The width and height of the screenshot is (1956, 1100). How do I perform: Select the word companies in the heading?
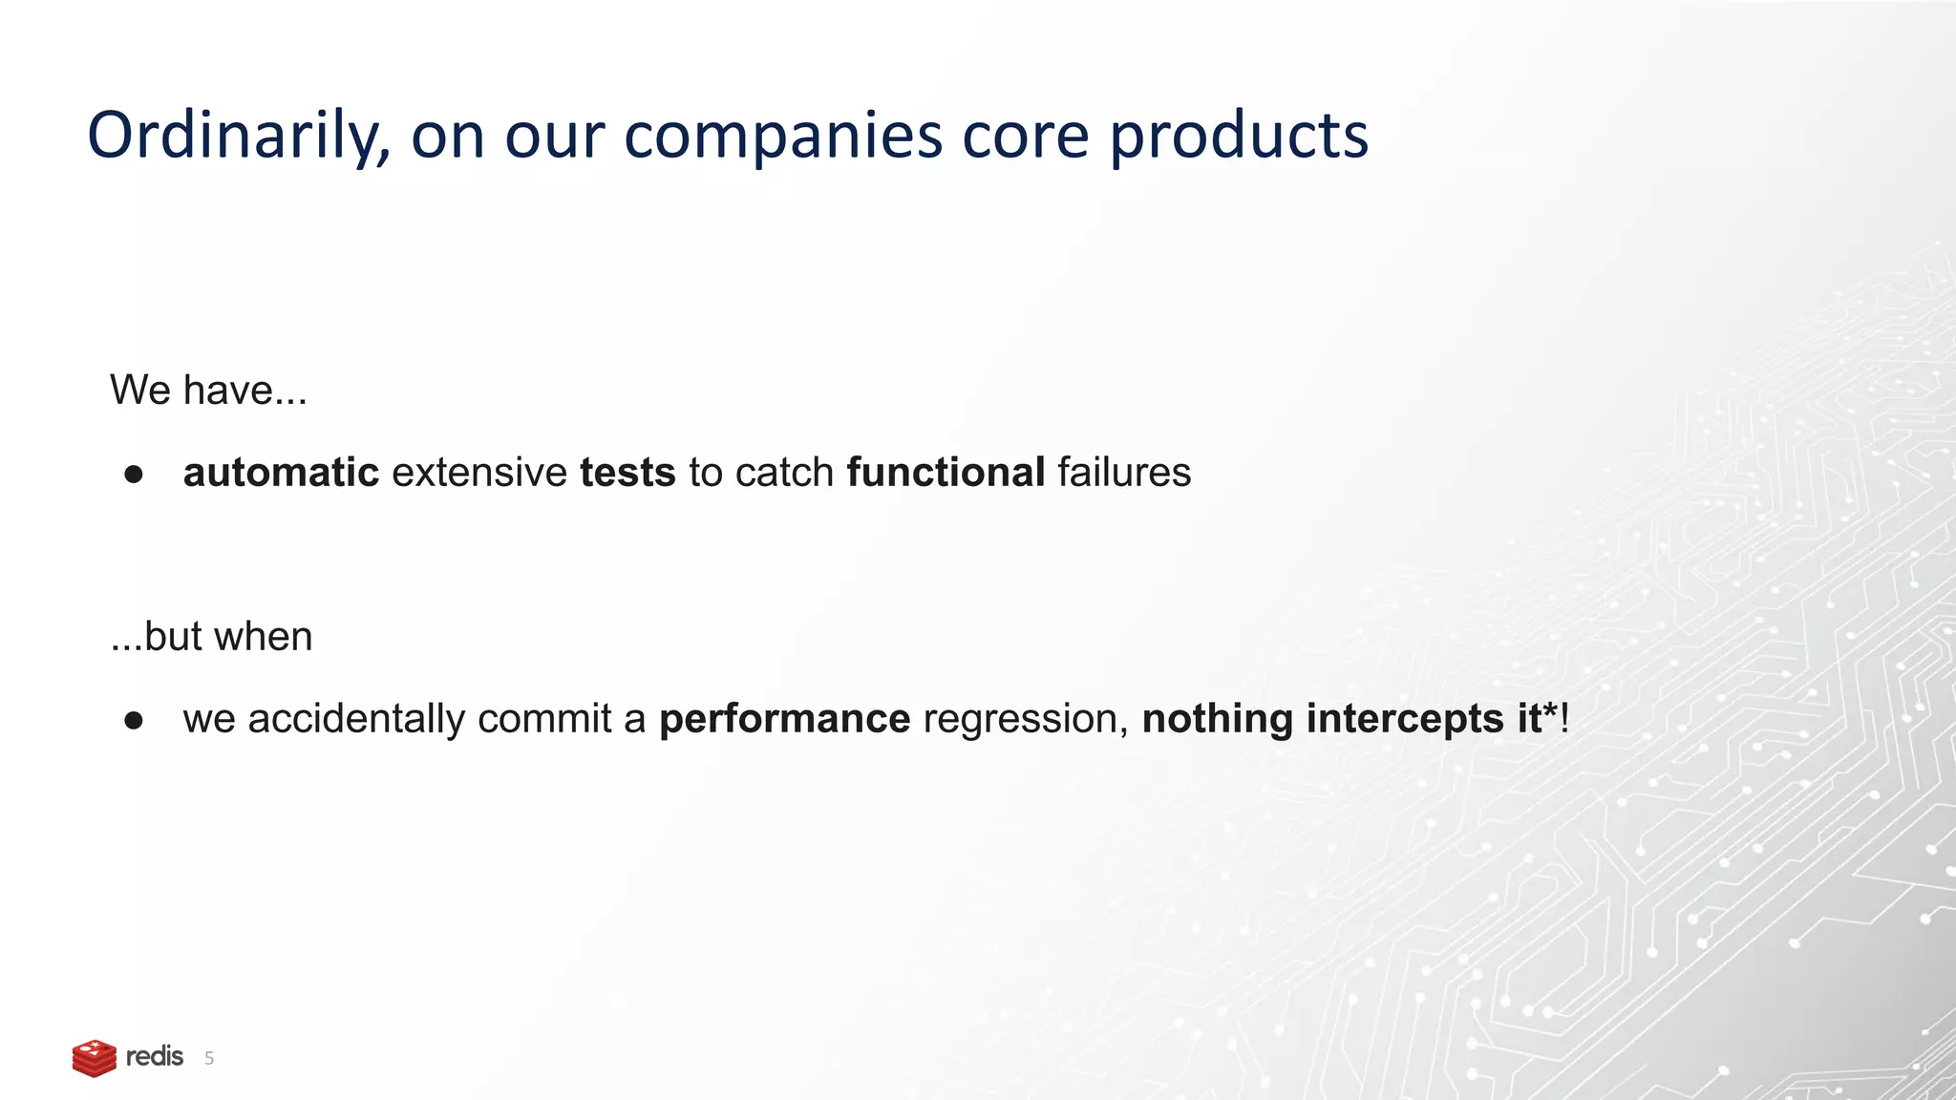tap(783, 137)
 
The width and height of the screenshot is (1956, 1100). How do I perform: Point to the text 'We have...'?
tap(208, 391)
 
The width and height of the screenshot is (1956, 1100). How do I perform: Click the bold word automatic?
tap(281, 473)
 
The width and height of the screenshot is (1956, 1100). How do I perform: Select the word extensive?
tap(479, 473)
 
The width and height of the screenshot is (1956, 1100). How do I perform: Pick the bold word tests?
tap(627, 473)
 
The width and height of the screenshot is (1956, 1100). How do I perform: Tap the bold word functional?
tap(946, 473)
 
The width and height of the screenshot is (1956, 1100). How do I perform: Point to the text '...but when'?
tap(211, 637)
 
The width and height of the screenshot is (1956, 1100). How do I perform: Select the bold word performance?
tap(784, 719)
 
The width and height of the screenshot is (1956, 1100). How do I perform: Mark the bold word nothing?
tap(1217, 719)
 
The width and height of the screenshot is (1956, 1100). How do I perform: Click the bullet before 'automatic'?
tap(134, 475)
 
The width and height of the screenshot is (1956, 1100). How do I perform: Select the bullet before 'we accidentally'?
tap(134, 721)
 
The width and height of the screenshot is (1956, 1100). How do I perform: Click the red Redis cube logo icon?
tap(94, 1058)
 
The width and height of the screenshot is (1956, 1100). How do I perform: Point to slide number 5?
tap(209, 1059)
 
